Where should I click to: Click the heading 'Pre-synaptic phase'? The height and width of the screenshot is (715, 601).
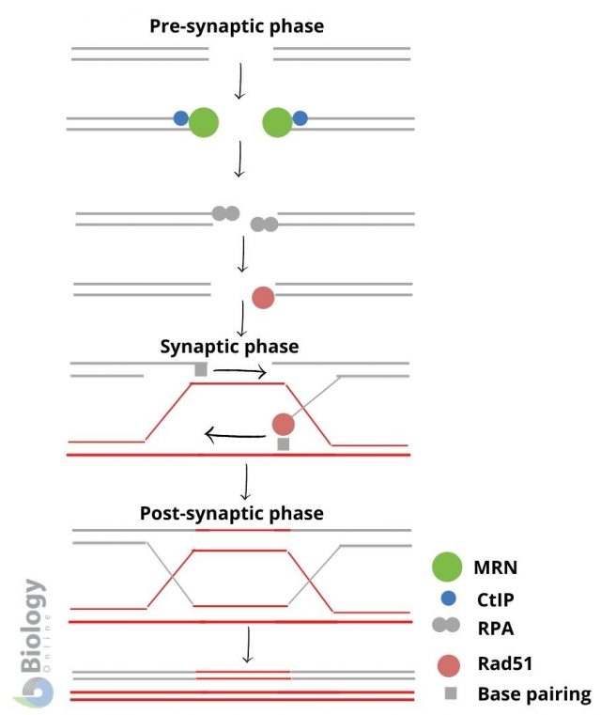click(237, 26)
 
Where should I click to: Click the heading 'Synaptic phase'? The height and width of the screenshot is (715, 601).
click(229, 347)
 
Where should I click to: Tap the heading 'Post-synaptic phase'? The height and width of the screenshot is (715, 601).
click(231, 513)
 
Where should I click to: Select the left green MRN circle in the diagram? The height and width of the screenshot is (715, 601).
click(204, 122)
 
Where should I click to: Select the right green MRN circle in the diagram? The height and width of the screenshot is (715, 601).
click(277, 122)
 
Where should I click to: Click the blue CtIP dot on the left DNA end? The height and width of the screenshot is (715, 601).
click(180, 118)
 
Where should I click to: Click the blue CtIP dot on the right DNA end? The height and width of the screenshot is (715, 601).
click(300, 118)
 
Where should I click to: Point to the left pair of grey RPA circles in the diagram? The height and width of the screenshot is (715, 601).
click(225, 213)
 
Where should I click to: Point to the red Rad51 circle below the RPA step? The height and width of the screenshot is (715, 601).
click(263, 298)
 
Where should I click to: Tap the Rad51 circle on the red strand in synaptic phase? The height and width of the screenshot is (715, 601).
click(283, 424)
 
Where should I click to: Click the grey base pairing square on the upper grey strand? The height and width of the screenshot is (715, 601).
click(200, 370)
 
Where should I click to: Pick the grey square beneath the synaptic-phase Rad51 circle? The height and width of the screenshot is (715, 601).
click(283, 444)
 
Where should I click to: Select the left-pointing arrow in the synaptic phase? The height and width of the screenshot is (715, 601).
click(234, 434)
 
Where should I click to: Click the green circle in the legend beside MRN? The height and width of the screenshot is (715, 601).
click(446, 567)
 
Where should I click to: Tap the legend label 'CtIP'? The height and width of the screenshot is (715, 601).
click(499, 598)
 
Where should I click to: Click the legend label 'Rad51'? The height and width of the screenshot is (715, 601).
click(503, 663)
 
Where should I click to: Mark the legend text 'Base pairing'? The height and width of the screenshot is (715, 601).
click(533, 694)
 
